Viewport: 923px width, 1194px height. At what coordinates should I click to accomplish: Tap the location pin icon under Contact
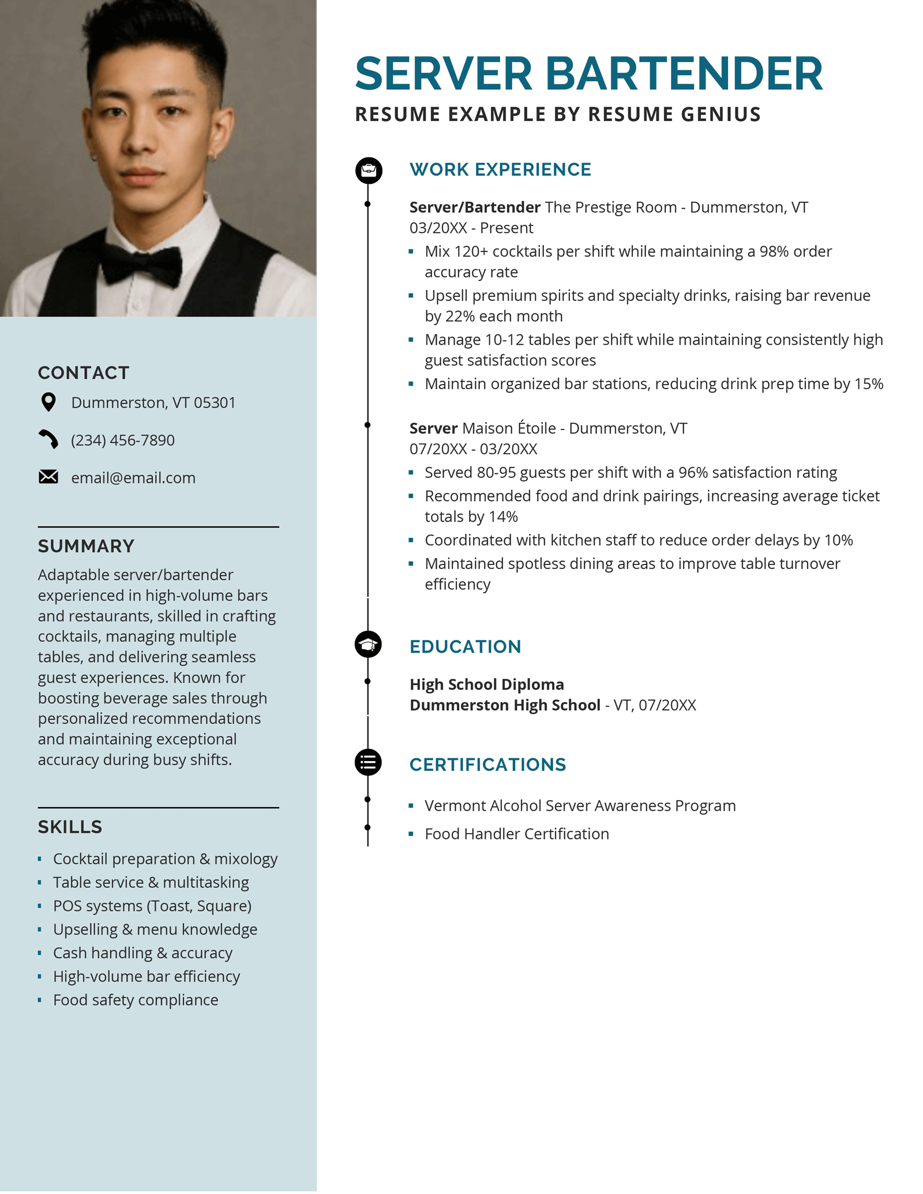(x=49, y=402)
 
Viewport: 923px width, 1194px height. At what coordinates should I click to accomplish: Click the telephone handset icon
(x=48, y=439)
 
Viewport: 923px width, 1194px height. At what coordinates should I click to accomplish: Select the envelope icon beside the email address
(x=48, y=477)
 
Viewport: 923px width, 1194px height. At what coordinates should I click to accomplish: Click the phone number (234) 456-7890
(x=122, y=440)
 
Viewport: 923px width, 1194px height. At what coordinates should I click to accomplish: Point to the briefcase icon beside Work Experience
(x=369, y=170)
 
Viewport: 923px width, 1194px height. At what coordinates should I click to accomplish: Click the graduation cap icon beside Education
(x=368, y=645)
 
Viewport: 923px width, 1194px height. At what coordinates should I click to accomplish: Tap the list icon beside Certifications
(x=368, y=762)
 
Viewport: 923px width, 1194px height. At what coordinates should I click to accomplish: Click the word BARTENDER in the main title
(x=684, y=74)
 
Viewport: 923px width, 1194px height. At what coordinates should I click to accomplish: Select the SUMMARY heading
(x=86, y=546)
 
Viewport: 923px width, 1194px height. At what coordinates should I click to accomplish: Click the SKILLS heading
(x=70, y=827)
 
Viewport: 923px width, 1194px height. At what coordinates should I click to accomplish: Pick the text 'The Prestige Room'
(x=610, y=208)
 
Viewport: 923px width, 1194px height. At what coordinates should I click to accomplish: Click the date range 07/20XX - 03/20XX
(x=473, y=449)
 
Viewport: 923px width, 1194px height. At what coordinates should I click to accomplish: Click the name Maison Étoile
(x=509, y=428)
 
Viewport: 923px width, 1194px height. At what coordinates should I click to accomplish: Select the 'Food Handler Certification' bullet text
(x=516, y=834)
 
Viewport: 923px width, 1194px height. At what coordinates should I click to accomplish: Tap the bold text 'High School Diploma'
(x=486, y=684)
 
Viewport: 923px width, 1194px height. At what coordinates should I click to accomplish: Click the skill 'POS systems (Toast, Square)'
(x=152, y=906)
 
